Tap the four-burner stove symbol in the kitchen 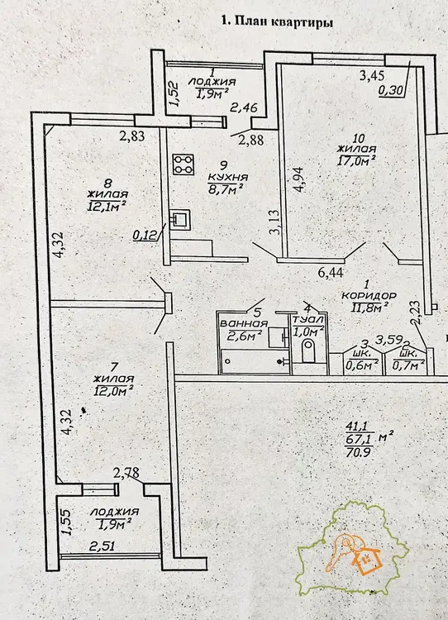(183, 165)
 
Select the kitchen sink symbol (180, 219)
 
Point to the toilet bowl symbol (308, 351)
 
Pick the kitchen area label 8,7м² (225, 189)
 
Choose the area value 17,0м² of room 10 (356, 160)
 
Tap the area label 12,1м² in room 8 (107, 206)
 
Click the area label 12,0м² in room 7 (112, 391)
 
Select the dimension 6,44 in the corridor (331, 273)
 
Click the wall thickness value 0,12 (145, 236)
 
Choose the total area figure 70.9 (357, 452)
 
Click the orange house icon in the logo (368, 558)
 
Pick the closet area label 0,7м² (408, 365)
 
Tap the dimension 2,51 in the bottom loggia (102, 546)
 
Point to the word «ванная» (244, 323)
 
